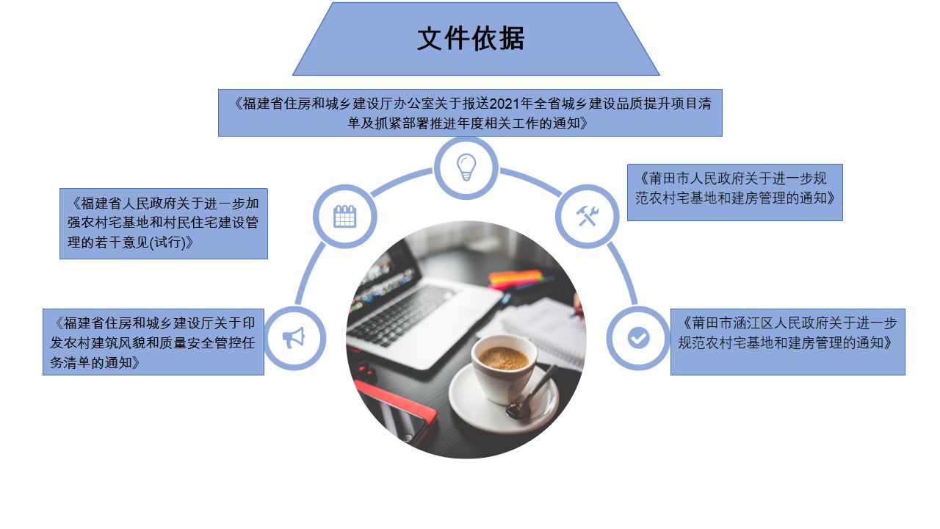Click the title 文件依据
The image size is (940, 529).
pos(471,39)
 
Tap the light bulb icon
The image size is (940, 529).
pos(466,167)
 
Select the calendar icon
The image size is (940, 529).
pos(344,216)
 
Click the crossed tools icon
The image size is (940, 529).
pos(587,216)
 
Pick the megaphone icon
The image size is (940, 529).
pos(293,337)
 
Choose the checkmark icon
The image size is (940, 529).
pos(638,337)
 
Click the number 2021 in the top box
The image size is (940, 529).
pos(505,104)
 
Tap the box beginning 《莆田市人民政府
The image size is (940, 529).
pos(735,192)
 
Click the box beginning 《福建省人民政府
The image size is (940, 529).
pos(164,223)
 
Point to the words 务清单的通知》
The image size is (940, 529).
pos(95,362)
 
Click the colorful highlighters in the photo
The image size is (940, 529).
pos(517,278)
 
